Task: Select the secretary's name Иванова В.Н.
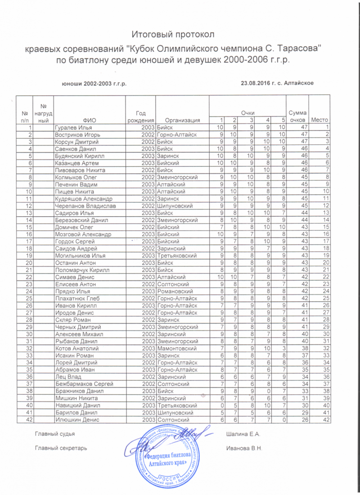(x=245, y=448)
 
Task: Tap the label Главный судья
(x=54, y=434)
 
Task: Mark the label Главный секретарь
(x=61, y=448)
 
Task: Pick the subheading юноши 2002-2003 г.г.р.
(x=94, y=83)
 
